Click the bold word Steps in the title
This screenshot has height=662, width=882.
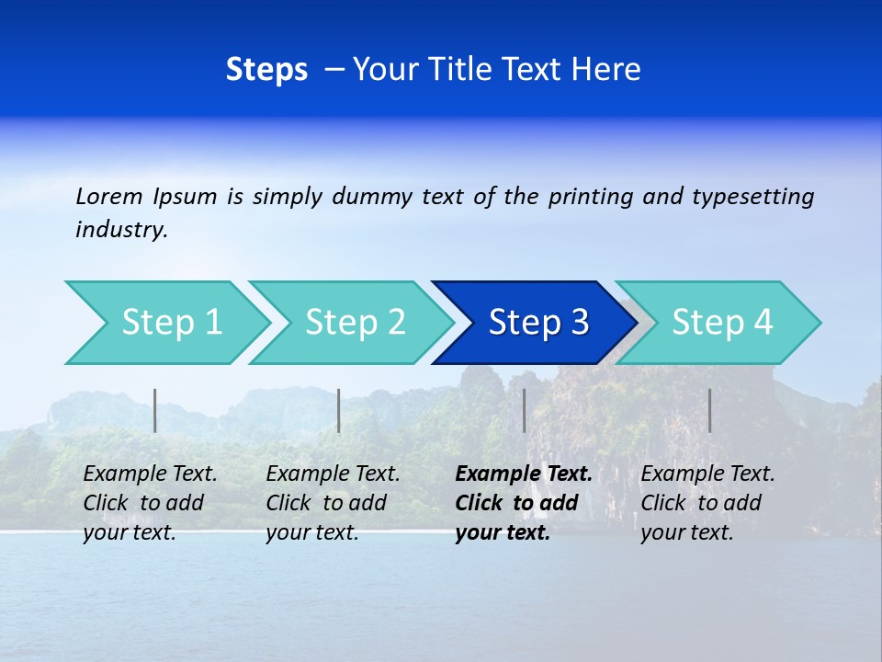click(266, 70)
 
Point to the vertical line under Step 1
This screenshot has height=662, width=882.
click(155, 410)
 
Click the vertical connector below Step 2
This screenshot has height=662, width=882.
click(339, 410)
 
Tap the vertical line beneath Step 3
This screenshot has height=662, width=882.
click(524, 410)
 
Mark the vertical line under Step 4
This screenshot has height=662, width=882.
click(709, 410)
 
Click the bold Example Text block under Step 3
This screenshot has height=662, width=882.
click(523, 503)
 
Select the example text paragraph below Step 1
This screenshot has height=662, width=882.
click(150, 503)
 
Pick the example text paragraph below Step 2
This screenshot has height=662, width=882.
click(333, 503)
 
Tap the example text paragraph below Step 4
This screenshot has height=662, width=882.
click(707, 503)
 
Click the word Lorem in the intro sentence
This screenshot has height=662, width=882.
click(109, 196)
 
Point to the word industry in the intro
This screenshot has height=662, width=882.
click(121, 230)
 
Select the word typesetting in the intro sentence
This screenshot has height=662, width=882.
click(752, 196)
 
